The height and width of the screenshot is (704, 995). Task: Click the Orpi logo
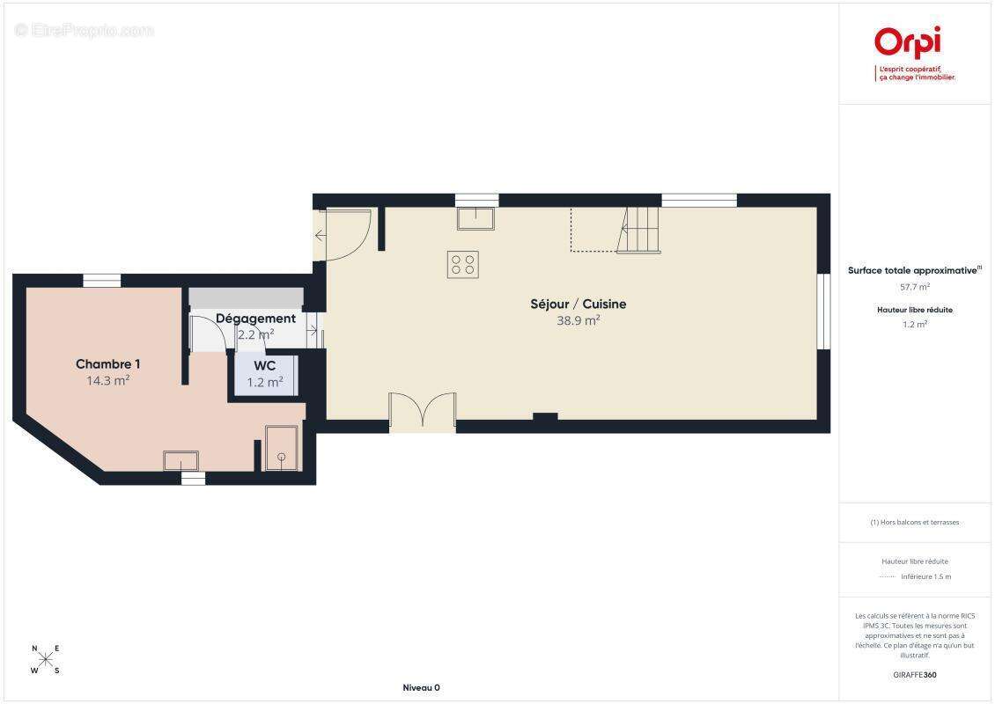(908, 42)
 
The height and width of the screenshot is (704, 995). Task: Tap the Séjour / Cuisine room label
(579, 304)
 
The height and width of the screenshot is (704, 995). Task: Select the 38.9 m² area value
(579, 320)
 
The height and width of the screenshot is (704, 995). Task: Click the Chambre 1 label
(108, 364)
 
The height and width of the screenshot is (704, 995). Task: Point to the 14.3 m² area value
(108, 380)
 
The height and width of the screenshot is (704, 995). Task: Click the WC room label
(265, 366)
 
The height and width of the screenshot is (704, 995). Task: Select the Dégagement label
(255, 319)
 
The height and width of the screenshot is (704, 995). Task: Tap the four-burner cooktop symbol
(462, 265)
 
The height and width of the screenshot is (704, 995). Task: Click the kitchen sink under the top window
(475, 218)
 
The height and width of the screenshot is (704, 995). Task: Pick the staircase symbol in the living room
(638, 230)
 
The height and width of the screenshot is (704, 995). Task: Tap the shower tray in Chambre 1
(281, 448)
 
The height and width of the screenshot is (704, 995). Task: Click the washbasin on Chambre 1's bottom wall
(181, 460)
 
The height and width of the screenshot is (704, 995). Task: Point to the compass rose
(46, 660)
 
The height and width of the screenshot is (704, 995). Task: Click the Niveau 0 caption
(422, 687)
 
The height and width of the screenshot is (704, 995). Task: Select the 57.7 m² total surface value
(914, 287)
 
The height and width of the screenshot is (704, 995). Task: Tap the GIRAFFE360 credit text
(914, 675)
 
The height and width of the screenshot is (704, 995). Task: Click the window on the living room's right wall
(823, 312)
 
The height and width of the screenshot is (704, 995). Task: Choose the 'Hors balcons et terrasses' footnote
(914, 523)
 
